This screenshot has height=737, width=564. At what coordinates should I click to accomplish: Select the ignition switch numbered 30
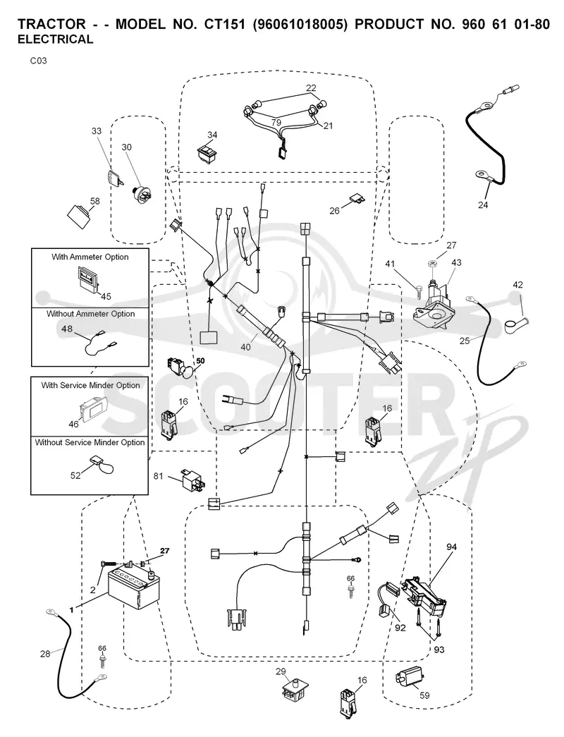click(142, 193)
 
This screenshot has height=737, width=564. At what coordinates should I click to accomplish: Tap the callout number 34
click(212, 135)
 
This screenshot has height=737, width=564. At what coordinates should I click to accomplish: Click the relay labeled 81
click(192, 480)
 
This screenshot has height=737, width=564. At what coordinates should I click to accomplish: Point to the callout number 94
click(452, 547)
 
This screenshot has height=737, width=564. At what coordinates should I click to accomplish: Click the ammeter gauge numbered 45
click(88, 279)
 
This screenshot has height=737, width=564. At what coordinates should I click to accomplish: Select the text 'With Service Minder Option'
click(91, 385)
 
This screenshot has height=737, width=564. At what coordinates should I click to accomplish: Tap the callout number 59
click(424, 695)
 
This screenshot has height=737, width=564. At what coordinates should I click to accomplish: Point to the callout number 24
click(483, 205)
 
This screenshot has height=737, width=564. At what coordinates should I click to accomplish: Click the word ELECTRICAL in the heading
click(56, 39)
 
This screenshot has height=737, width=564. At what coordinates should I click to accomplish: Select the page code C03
click(39, 61)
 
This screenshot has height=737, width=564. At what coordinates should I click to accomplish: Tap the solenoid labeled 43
click(436, 305)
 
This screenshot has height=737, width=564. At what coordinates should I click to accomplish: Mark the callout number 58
click(95, 201)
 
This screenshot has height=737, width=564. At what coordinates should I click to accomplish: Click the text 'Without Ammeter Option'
click(91, 314)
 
